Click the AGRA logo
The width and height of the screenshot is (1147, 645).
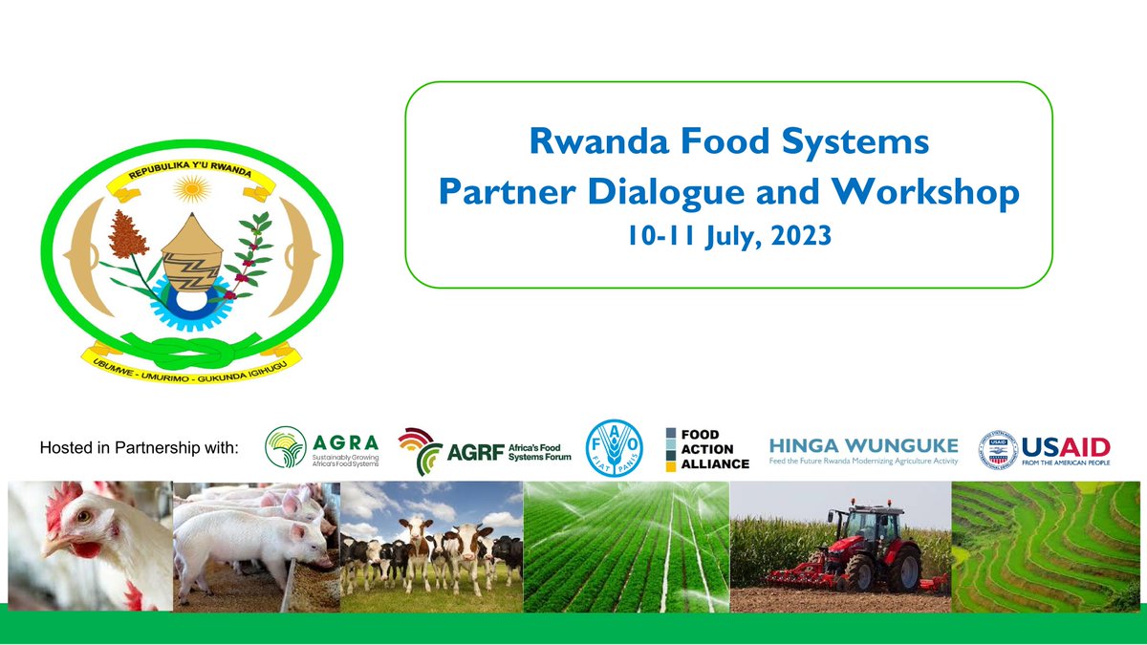[322, 449]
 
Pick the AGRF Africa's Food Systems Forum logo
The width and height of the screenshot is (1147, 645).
[485, 450]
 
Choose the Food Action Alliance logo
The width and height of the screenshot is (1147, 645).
[707, 449]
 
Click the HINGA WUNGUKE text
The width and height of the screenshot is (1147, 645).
[862, 444]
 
